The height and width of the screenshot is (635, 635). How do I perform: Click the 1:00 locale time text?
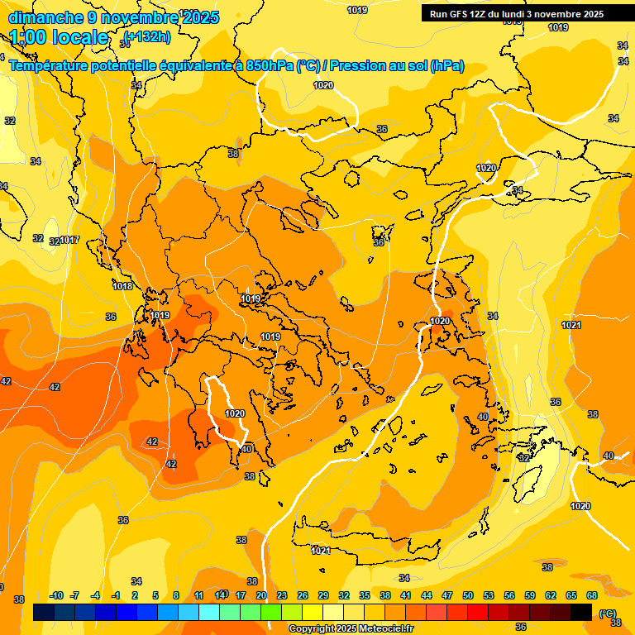[x=59, y=37]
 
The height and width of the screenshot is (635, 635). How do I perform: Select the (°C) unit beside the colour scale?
[x=608, y=614]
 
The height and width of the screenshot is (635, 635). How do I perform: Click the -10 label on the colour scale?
[x=56, y=595]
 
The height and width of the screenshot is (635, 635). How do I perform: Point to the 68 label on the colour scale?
[x=592, y=595]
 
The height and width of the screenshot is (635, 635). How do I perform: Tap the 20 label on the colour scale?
[x=261, y=595]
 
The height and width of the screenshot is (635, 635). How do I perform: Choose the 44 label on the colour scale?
[x=427, y=595]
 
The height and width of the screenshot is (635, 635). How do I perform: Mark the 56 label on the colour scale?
[x=509, y=595]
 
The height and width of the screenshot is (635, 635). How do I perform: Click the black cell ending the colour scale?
[x=581, y=612]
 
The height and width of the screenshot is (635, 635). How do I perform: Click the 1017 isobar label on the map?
[x=69, y=241]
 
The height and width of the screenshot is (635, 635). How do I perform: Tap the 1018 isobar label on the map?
[x=122, y=286]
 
